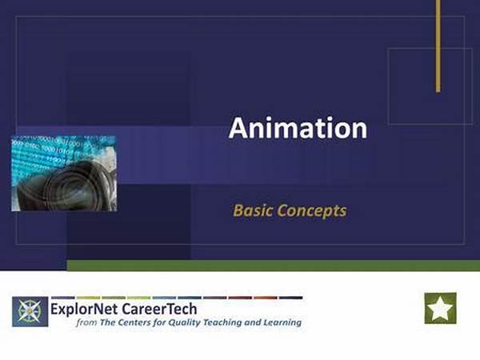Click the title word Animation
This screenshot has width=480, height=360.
click(x=298, y=128)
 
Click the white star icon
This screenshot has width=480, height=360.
click(x=440, y=308)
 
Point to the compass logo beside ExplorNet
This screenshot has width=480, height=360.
click(x=30, y=312)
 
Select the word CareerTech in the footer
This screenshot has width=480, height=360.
click(x=159, y=309)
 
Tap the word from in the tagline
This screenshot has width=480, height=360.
click(x=86, y=322)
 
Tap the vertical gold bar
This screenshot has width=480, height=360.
click(x=438, y=46)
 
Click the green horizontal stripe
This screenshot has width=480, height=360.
click(x=274, y=266)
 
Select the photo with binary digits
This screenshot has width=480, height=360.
click(x=64, y=174)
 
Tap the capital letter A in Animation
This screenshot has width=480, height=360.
click(x=238, y=128)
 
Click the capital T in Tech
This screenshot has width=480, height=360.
click(x=170, y=309)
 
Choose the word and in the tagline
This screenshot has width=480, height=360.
click(x=253, y=322)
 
